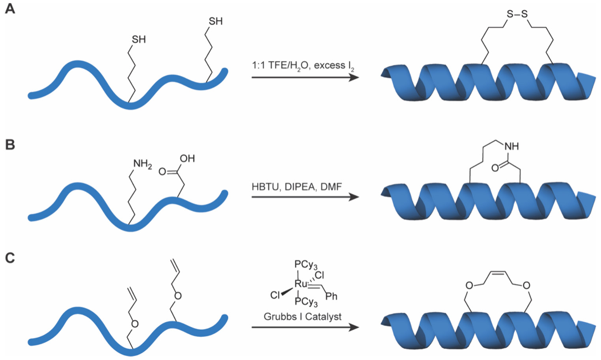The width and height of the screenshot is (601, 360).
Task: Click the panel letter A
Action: (x=10, y=8)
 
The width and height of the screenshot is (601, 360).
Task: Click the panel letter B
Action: (x=10, y=145)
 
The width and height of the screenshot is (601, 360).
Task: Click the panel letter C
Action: (x=10, y=258)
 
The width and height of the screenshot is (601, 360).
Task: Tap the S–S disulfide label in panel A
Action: (x=517, y=15)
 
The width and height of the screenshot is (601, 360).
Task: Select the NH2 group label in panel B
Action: (x=142, y=164)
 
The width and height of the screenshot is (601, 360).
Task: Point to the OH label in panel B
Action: (x=187, y=159)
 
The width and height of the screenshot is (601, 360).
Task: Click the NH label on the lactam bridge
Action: (x=511, y=146)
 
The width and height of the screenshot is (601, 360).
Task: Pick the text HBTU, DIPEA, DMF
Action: (x=297, y=187)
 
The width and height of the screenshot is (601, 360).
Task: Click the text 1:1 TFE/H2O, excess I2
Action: (x=303, y=66)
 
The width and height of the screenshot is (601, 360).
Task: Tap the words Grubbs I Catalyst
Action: (x=302, y=317)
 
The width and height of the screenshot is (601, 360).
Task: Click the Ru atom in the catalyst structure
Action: (x=300, y=284)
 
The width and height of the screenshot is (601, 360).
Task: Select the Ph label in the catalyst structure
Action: (x=331, y=296)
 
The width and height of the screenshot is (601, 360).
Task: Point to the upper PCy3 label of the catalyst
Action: (x=306, y=265)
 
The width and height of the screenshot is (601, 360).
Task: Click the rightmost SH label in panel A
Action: (x=215, y=21)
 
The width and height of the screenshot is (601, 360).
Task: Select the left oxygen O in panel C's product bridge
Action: (x=469, y=285)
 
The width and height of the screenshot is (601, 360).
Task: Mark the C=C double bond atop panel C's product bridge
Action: (x=497, y=272)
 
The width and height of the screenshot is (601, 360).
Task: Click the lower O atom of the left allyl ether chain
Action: (x=134, y=324)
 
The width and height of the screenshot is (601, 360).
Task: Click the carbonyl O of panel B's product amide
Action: (x=495, y=168)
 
